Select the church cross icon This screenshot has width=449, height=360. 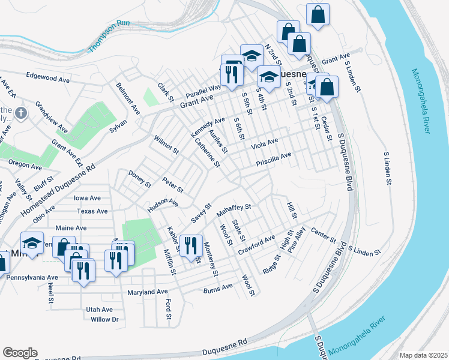tap(20, 112)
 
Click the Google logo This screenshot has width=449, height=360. tap(20, 353)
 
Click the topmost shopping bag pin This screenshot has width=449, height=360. tap(318, 14)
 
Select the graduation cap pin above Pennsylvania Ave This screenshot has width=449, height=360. tap(32, 243)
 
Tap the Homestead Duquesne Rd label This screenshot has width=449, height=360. tap(56, 191)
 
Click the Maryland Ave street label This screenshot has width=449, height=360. tap(147, 292)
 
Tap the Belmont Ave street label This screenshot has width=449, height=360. tap(128, 98)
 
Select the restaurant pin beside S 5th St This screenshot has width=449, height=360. tap(231, 74)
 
